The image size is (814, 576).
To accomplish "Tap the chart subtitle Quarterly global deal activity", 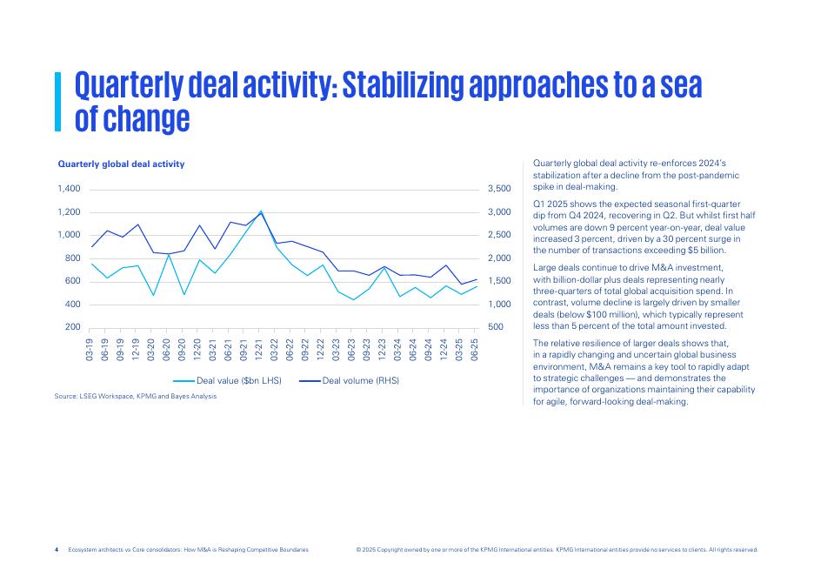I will click(121, 164).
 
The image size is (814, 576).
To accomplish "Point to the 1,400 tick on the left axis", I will click(69, 189).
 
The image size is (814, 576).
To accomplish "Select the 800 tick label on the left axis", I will click(72, 258).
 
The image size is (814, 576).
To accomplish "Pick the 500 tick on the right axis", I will click(495, 327).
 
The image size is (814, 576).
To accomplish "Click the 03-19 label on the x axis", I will click(90, 350).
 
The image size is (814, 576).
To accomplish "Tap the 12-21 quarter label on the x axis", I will click(259, 350).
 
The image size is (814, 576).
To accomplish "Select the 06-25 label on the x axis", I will click(475, 350).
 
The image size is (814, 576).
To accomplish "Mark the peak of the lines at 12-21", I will click(260, 211).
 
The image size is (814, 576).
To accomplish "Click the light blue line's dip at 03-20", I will click(153, 295).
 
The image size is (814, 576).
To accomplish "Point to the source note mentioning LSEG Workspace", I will click(135, 396).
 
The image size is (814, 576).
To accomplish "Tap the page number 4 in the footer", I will click(57, 550).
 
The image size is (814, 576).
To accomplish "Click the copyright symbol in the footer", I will click(359, 550).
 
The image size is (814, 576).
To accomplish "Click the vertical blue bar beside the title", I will click(58, 101).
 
